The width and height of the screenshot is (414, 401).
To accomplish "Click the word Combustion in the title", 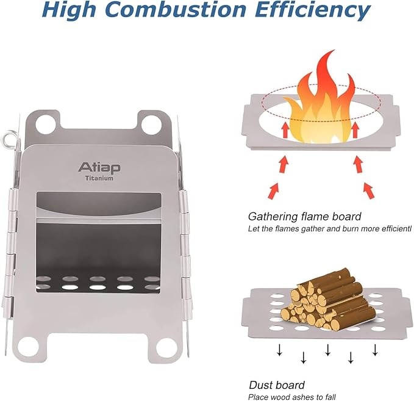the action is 175,10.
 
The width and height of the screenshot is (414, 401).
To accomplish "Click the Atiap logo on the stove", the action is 99,168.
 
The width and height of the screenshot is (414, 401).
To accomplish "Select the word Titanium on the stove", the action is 99,178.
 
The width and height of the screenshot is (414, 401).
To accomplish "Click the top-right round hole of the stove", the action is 151,123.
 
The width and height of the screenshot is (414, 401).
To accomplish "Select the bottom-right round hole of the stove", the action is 166,346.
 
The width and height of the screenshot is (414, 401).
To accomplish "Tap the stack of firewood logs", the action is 328,300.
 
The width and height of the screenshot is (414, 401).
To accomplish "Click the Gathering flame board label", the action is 304,217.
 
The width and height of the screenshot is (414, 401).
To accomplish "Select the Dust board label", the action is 277,385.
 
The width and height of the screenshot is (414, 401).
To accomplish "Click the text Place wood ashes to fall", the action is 292,397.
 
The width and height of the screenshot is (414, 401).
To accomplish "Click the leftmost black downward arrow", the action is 279,350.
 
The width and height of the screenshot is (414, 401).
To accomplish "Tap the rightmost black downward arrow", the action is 374,350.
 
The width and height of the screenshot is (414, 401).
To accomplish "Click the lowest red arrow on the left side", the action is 274,191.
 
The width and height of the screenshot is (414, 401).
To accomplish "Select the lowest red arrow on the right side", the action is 368,190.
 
